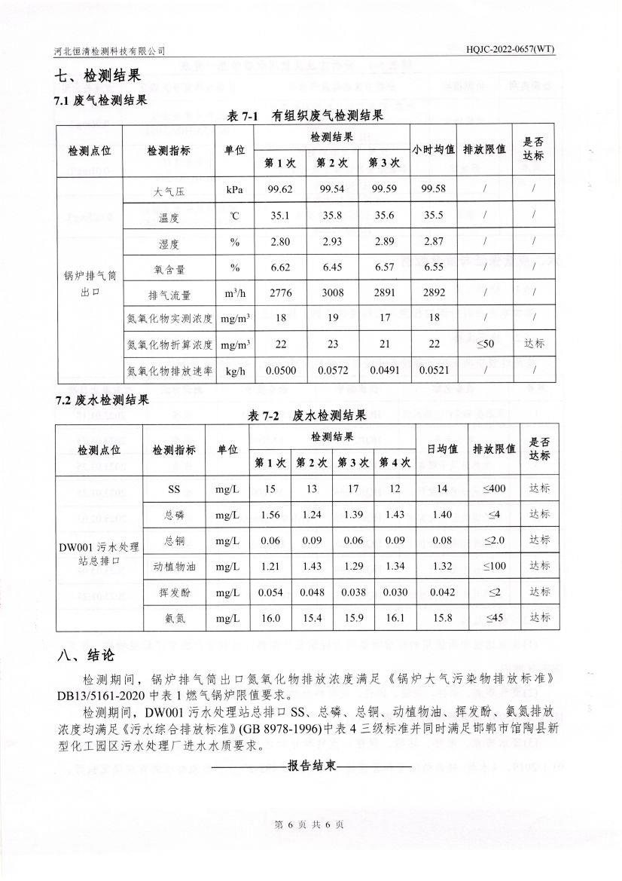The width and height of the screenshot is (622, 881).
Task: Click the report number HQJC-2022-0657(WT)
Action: [x=510, y=50]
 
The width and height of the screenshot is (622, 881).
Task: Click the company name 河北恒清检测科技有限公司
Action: [x=110, y=50]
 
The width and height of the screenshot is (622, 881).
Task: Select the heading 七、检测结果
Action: [x=98, y=76]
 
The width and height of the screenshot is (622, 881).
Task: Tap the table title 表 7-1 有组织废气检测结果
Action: [x=306, y=116]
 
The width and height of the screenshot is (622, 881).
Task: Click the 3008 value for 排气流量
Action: [x=331, y=292]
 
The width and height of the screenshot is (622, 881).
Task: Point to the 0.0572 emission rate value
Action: [x=331, y=370]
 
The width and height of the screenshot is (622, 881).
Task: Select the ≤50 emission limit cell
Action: [x=485, y=344]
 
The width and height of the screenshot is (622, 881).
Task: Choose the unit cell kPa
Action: [x=234, y=188]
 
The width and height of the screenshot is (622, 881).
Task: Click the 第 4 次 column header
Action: [x=395, y=462]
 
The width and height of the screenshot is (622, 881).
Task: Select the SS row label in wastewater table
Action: [x=174, y=489]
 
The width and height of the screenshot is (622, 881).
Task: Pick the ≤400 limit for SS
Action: [x=493, y=489]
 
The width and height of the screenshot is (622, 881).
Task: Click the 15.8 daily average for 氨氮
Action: [x=442, y=619]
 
